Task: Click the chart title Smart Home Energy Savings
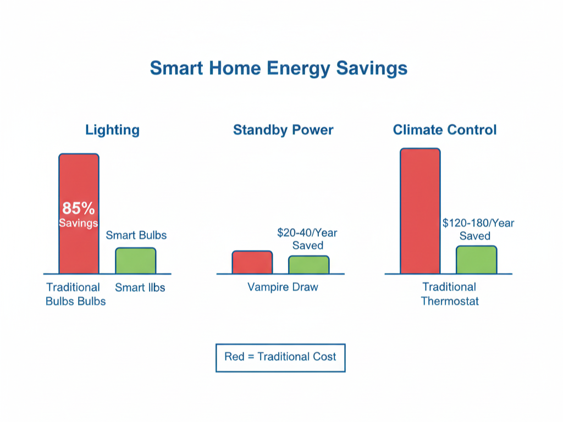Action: pyautogui.click(x=279, y=68)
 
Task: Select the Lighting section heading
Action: pyautogui.click(x=112, y=130)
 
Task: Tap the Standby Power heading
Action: pyautogui.click(x=283, y=130)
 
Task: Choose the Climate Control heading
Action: pyautogui.click(x=445, y=130)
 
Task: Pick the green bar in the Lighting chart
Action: pyautogui.click(x=135, y=260)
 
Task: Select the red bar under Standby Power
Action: pyautogui.click(x=252, y=262)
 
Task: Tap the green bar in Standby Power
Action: pyautogui.click(x=309, y=265)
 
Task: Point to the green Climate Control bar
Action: pyautogui.click(x=476, y=259)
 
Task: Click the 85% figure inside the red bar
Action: pyautogui.click(x=79, y=209)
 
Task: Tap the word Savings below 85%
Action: pyautogui.click(x=79, y=223)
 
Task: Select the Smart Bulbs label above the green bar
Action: pyautogui.click(x=136, y=236)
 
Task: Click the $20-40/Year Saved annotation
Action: pyautogui.click(x=307, y=239)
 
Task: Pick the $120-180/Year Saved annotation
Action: pyautogui.click(x=478, y=230)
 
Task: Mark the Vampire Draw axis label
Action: pyautogui.click(x=283, y=287)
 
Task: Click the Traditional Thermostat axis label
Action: pyautogui.click(x=449, y=294)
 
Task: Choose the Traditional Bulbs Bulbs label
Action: pyautogui.click(x=75, y=294)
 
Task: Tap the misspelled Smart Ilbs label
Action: pyautogui.click(x=140, y=287)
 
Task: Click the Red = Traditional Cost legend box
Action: pyautogui.click(x=280, y=357)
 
